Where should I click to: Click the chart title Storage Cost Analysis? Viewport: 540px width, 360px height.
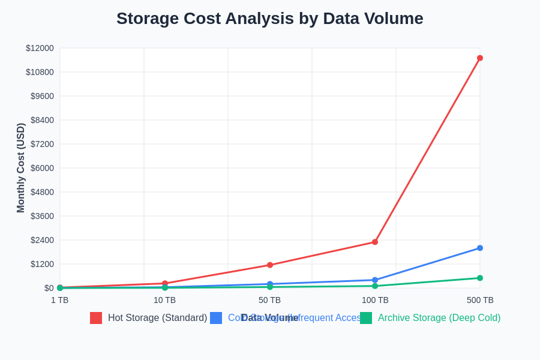pyautogui.click(x=270, y=19)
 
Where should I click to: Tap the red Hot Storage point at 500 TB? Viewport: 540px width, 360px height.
pyautogui.click(x=480, y=58)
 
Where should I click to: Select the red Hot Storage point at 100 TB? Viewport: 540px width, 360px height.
pyautogui.click(x=375, y=242)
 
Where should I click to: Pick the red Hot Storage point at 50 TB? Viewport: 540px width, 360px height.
pyautogui.click(x=270, y=265)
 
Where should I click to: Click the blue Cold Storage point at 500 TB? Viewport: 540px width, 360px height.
pyautogui.click(x=480, y=248)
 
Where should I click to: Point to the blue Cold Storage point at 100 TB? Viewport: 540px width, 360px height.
pyautogui.click(x=375, y=280)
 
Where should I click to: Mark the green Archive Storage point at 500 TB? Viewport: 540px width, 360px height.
pyautogui.click(x=480, y=278)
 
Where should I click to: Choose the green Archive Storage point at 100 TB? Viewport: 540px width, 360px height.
pyautogui.click(x=375, y=286)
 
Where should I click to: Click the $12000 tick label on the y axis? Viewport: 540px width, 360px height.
pyautogui.click(x=40, y=48)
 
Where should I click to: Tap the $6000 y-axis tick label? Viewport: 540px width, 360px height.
pyautogui.click(x=42, y=168)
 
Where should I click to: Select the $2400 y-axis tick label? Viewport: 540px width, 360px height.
pyautogui.click(x=42, y=240)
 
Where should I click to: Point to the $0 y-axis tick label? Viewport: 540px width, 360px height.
pyautogui.click(x=49, y=288)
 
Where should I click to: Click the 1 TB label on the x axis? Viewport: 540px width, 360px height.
pyautogui.click(x=60, y=300)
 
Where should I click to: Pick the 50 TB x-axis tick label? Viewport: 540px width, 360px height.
pyautogui.click(x=270, y=300)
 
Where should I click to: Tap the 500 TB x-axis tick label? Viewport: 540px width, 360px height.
pyautogui.click(x=480, y=300)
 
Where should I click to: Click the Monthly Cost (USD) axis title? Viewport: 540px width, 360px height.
pyautogui.click(x=21, y=168)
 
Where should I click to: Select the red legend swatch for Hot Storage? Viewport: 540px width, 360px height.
pyautogui.click(x=96, y=318)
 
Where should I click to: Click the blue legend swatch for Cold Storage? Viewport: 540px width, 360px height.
pyautogui.click(x=216, y=318)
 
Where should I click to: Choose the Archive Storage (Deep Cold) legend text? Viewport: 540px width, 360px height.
pyautogui.click(x=439, y=318)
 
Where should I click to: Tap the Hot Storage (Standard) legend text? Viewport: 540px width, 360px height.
pyautogui.click(x=157, y=318)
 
